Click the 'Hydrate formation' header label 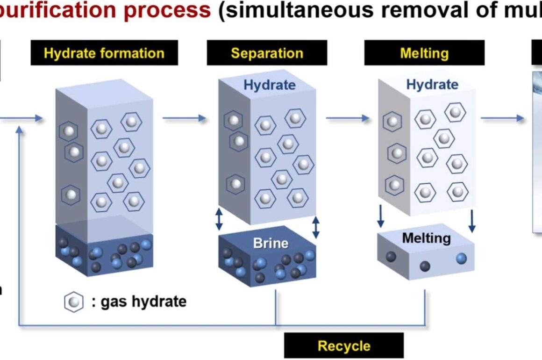104,53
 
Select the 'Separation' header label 267,53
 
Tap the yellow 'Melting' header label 424,53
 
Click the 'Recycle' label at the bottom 343,346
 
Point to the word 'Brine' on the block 271,243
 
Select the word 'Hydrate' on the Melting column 432,85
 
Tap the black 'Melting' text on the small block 426,238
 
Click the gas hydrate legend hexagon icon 73,302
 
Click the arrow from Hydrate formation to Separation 184,118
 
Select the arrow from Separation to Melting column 347,118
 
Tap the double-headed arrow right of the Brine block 316,227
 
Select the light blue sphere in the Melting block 461,258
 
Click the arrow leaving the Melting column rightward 502,118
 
